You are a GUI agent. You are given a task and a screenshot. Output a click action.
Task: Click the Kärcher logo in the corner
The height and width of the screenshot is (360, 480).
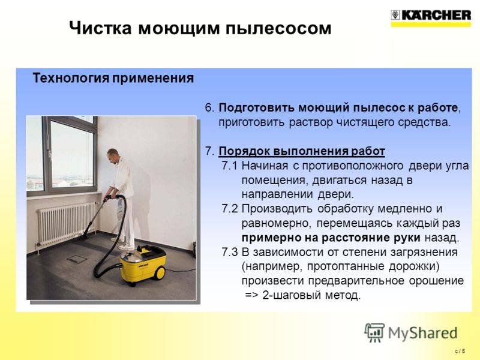tap(431, 18)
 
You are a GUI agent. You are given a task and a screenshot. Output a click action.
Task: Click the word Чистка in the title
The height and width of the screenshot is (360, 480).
tap(100, 28)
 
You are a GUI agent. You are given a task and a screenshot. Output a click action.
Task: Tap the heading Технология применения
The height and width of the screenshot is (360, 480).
tap(113, 79)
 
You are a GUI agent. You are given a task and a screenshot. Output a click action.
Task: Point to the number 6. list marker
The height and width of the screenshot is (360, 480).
tap(209, 108)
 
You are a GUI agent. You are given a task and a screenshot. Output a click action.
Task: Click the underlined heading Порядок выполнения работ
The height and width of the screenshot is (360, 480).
tap(302, 151)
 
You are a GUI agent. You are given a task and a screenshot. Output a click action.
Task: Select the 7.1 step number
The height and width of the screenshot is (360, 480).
tap(230, 166)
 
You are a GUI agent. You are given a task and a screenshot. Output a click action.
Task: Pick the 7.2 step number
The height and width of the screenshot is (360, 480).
tap(230, 209)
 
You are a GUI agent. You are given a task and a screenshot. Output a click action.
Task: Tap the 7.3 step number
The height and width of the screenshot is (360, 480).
tap(230, 252)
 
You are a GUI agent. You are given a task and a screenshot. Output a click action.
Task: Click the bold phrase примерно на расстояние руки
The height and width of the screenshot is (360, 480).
tap(331, 238)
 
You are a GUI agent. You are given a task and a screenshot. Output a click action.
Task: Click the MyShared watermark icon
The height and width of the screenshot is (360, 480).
tap(374, 333)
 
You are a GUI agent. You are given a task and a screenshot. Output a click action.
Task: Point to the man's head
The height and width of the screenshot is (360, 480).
tap(113, 156)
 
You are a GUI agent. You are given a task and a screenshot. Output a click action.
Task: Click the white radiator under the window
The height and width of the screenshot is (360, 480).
tap(66, 223)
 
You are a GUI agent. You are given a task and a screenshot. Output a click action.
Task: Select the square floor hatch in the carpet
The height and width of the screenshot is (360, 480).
tap(77, 259)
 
